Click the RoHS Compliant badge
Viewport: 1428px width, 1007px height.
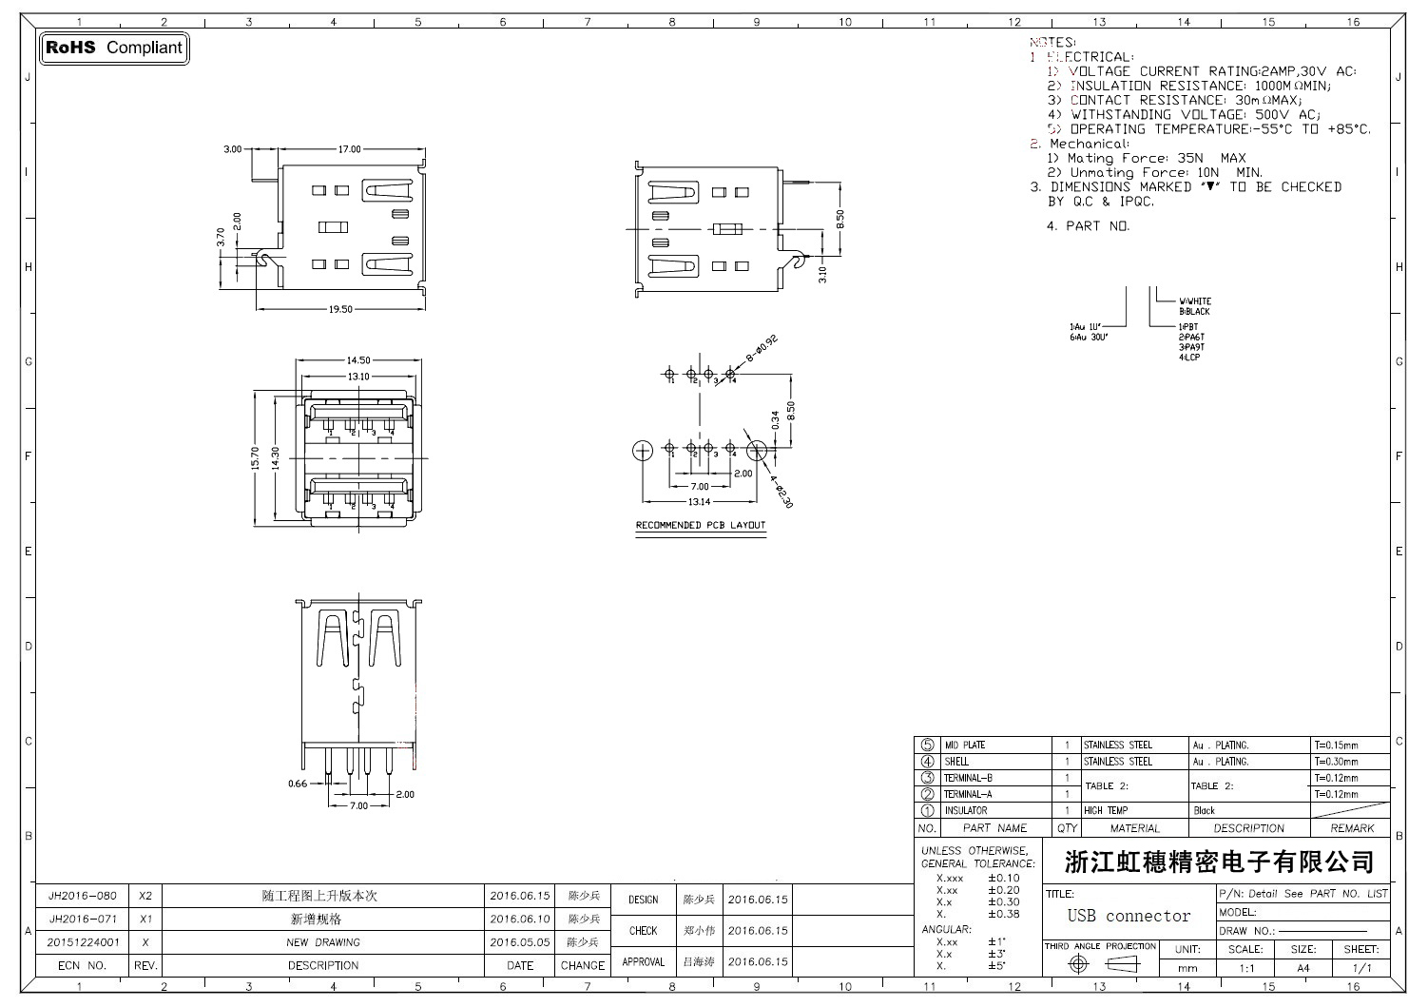[x=114, y=48]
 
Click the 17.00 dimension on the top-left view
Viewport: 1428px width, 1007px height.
[x=350, y=149]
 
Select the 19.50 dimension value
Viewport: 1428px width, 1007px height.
[x=340, y=309]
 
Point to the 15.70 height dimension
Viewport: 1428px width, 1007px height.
[x=255, y=458]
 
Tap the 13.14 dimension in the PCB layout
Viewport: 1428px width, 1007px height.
[x=699, y=501]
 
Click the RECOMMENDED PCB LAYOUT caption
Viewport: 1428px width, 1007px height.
[x=700, y=525]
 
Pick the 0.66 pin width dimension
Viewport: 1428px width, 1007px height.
[x=298, y=784]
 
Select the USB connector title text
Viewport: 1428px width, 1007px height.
[x=1129, y=916]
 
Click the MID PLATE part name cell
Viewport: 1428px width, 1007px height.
[x=964, y=746]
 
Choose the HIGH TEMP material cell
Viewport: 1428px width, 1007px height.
[x=1106, y=811]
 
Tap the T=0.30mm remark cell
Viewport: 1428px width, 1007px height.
[x=1336, y=762]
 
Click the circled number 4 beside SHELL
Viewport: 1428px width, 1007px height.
[x=928, y=762]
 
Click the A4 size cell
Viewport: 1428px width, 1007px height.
[x=1303, y=968]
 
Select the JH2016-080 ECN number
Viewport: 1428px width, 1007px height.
[x=83, y=896]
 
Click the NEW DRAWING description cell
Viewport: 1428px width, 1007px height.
[x=323, y=942]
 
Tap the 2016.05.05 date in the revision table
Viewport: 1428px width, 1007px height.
[x=520, y=942]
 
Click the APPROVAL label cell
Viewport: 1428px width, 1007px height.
[x=643, y=961]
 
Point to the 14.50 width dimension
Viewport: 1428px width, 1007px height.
[x=358, y=360]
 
